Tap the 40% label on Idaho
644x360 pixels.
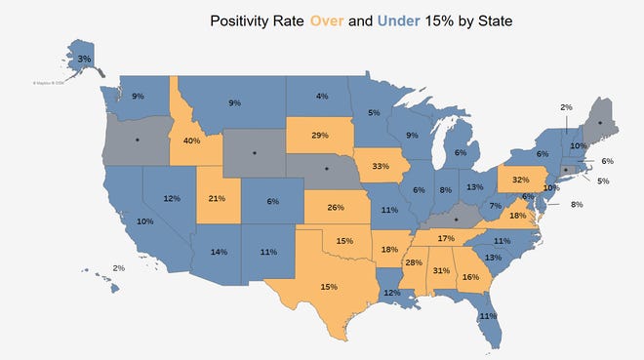coord(192,140)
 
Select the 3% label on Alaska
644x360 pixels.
coord(85,60)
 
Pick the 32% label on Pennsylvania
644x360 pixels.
coord(520,180)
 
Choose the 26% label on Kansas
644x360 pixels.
coord(336,208)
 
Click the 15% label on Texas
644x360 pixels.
coord(327,287)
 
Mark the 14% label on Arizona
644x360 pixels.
coord(219,252)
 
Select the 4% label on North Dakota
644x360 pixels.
coord(322,96)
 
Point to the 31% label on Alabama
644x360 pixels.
coord(440,271)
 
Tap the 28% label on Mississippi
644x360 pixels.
coord(414,263)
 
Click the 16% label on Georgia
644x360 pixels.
coord(471,277)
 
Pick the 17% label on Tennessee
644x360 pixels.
coord(446,238)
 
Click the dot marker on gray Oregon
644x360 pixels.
coord(137,141)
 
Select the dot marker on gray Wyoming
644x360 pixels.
coord(256,152)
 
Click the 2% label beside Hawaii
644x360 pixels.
coord(118,267)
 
